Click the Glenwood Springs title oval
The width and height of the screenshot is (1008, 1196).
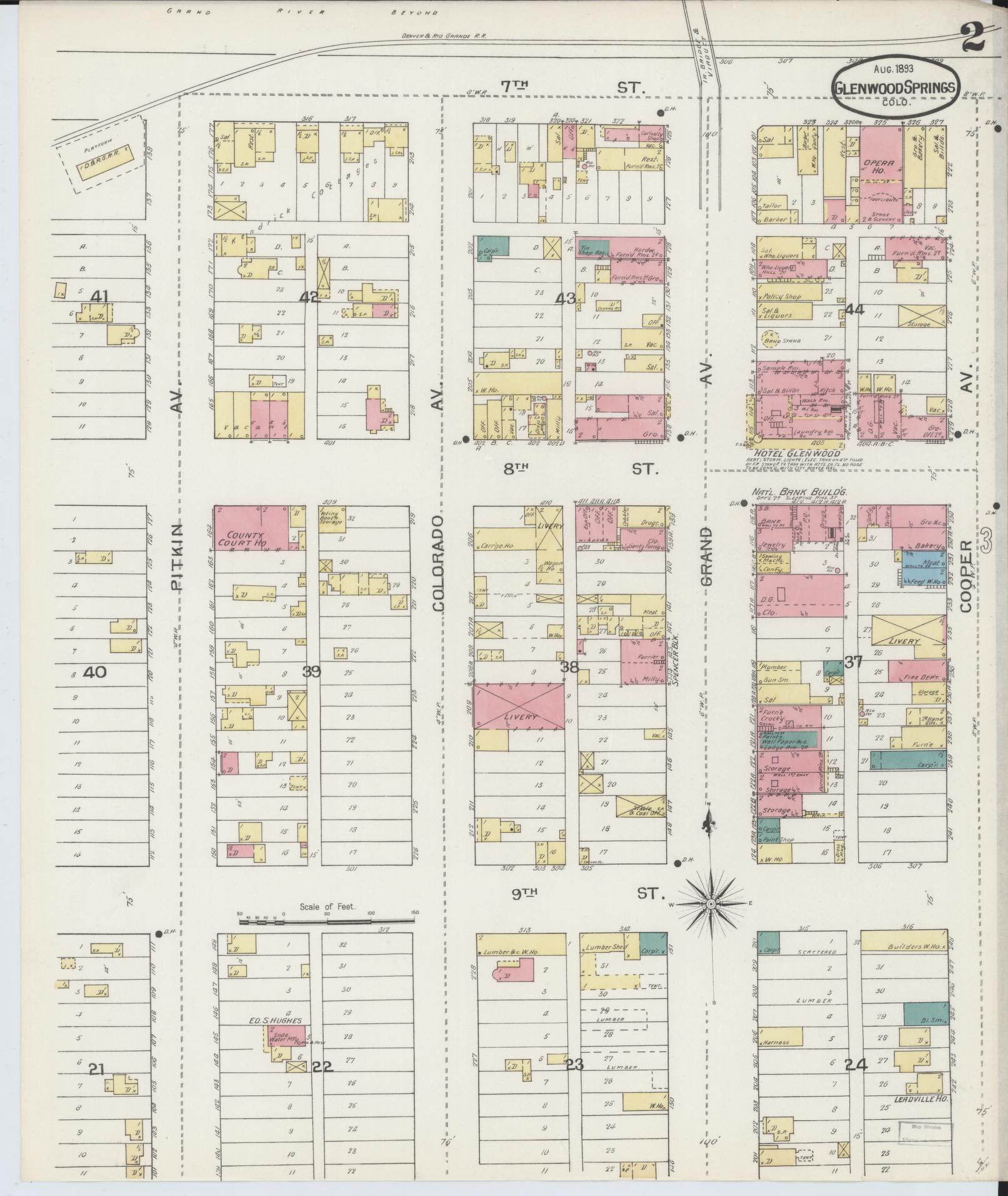(x=894, y=87)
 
